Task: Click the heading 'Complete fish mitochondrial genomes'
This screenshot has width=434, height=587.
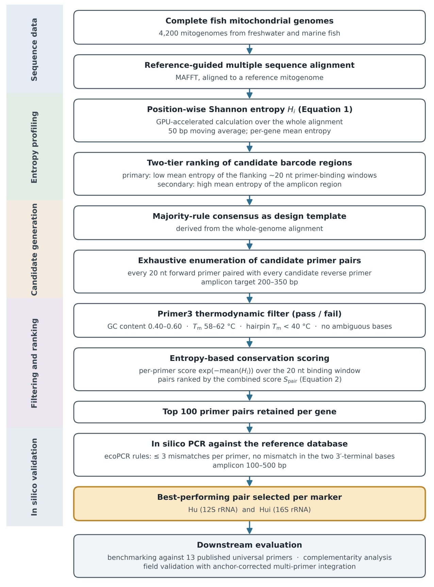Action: pos(249,21)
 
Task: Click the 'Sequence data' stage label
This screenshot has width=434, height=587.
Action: pos(34,50)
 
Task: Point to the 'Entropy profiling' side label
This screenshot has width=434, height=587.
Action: pos(34,147)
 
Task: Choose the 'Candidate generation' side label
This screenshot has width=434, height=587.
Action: pos(34,250)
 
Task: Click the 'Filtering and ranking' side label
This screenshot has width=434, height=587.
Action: pos(34,363)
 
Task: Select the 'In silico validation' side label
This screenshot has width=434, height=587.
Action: pos(34,477)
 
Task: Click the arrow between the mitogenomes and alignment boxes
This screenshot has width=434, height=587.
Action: pos(249,49)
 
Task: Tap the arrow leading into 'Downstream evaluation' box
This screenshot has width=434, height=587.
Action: pos(249,527)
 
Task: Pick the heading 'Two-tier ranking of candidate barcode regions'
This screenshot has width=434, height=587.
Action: pos(249,163)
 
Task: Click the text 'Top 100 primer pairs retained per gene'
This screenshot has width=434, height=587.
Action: pos(249,412)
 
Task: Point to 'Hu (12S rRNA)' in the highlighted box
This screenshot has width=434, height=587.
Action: pos(213,510)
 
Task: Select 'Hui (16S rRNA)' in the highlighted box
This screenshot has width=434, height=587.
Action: pos(285,510)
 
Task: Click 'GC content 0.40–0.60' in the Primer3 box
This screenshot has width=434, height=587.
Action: pos(145,327)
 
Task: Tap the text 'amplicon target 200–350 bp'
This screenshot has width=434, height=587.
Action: pos(249,282)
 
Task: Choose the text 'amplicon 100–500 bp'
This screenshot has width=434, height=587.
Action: pos(249,465)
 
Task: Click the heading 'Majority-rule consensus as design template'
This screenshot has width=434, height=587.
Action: pos(249,217)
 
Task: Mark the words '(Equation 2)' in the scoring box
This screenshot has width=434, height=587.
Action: pos(320,380)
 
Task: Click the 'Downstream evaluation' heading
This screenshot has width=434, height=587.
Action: pos(249,545)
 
